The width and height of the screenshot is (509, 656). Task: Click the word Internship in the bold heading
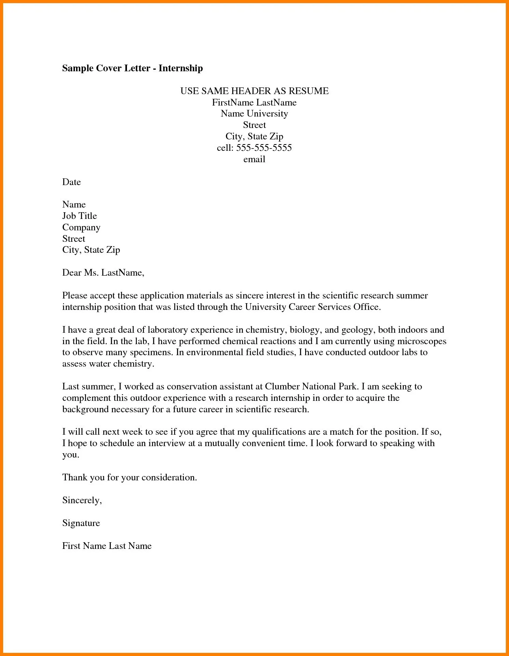coord(181,68)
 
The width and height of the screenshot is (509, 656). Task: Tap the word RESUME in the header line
coord(308,91)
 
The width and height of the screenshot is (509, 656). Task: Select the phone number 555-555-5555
coord(264,148)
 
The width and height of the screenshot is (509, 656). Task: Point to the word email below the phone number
coord(254,159)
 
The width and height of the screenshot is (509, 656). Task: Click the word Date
coord(71,182)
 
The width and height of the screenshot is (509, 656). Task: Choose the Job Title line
coord(79,216)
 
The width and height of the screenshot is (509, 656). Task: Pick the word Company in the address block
coord(81,227)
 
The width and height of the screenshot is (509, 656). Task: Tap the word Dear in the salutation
coord(72,272)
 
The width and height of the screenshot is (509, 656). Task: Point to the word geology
coord(358,330)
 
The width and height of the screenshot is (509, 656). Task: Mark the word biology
coord(304,330)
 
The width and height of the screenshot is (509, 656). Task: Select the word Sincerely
coord(82,500)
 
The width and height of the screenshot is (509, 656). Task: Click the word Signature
coord(81,523)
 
